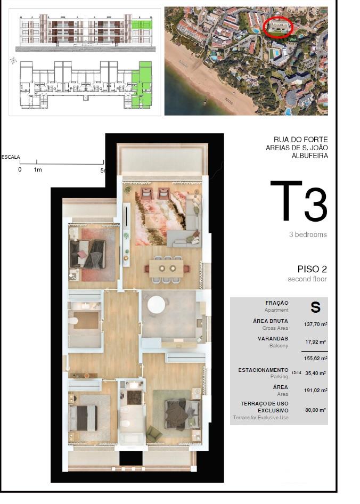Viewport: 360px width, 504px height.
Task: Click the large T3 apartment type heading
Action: coord(299,201)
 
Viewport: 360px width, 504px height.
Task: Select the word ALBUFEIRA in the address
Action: coord(309,156)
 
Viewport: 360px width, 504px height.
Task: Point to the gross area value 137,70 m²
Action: coord(315,324)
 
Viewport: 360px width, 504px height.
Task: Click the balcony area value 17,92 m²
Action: coord(315,342)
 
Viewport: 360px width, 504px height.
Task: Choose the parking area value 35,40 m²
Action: coord(315,373)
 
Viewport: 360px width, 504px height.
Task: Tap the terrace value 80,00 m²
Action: coord(315,410)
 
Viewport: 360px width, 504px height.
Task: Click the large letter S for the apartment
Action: coord(315,307)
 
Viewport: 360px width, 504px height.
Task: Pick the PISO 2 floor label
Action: coord(312,269)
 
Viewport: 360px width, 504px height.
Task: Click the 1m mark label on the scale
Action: coord(38,170)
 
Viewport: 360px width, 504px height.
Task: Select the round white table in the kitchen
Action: coord(156,304)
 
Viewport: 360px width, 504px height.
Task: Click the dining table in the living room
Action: coord(166,269)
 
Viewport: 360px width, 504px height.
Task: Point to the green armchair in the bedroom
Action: coord(154,433)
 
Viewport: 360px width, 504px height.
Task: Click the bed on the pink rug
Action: coord(87,254)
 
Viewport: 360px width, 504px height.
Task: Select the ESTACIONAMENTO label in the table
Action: coord(263,370)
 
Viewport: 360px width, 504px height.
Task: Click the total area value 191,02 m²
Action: coord(315,391)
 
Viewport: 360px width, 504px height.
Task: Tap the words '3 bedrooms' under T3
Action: coord(308,234)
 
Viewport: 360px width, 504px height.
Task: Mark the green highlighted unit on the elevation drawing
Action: coord(142,28)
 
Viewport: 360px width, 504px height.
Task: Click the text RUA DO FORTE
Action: coord(300,140)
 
